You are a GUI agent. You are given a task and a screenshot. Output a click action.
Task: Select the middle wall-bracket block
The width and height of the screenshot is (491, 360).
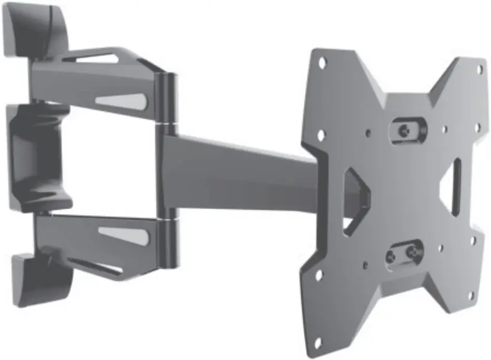click(x=33, y=156)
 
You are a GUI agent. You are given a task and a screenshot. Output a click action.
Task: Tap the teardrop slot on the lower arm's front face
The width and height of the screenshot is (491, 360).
click(x=125, y=236)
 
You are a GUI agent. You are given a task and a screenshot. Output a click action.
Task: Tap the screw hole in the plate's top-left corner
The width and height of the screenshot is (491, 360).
click(x=322, y=63)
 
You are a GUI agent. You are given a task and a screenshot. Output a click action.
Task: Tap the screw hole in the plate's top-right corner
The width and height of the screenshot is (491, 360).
click(x=479, y=70)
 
